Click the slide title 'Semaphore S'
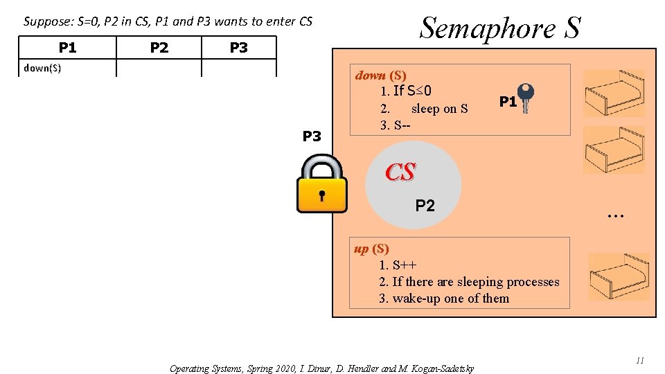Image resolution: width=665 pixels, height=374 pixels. (500, 28)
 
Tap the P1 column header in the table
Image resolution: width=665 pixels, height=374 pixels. (68, 47)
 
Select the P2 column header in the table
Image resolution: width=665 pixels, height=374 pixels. (159, 47)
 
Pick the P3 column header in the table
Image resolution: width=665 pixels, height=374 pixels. (238, 47)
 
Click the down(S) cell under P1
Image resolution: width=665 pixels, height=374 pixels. (42, 68)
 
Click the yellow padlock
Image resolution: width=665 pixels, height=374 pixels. (321, 184)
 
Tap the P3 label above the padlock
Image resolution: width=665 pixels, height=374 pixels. (312, 136)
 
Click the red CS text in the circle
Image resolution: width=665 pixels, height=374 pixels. (400, 172)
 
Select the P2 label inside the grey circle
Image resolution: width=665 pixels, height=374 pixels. (425, 205)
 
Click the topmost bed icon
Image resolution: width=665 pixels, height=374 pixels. (614, 93)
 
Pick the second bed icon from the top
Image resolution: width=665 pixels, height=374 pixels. (614, 150)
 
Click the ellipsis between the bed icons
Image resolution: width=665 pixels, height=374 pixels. (614, 216)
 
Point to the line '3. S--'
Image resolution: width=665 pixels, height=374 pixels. (395, 126)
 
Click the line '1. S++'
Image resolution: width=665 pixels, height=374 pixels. (397, 265)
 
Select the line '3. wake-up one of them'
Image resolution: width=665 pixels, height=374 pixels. (443, 299)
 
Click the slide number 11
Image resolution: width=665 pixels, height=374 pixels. (639, 360)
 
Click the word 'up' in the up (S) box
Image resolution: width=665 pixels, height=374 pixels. (361, 249)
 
